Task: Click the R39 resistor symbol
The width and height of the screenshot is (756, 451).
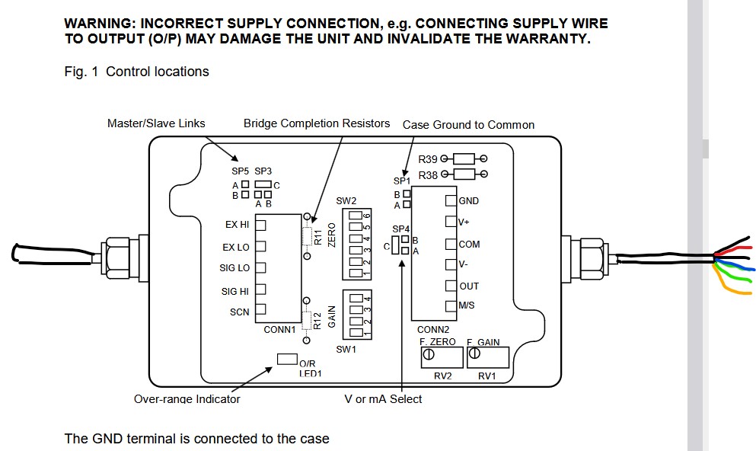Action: (x=464, y=158)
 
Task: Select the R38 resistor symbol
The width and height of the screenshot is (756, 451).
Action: (x=464, y=174)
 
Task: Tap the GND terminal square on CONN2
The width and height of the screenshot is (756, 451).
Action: (x=451, y=200)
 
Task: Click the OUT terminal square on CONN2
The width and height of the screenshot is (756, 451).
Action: (x=451, y=286)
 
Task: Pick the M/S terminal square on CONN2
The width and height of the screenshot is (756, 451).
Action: (x=451, y=305)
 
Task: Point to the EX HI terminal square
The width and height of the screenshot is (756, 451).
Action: (x=260, y=225)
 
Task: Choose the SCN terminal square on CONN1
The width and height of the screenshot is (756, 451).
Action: (x=260, y=309)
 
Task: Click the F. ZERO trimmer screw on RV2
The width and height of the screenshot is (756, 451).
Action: (x=428, y=354)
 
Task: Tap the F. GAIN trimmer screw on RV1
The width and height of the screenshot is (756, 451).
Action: (x=474, y=353)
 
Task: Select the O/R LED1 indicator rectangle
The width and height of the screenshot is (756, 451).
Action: (x=287, y=359)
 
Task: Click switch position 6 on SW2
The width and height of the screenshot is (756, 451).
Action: (x=356, y=215)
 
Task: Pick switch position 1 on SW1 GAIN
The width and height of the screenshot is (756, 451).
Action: (x=356, y=332)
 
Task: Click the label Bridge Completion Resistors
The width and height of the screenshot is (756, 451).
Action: (x=317, y=123)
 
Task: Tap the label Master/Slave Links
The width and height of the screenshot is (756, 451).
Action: (x=156, y=123)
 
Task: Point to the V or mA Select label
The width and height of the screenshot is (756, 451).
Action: (x=383, y=399)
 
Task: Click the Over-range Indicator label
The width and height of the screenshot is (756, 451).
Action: (x=187, y=399)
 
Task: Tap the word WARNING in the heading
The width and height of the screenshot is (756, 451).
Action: (x=99, y=24)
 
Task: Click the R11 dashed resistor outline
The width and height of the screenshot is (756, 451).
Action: (x=307, y=236)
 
